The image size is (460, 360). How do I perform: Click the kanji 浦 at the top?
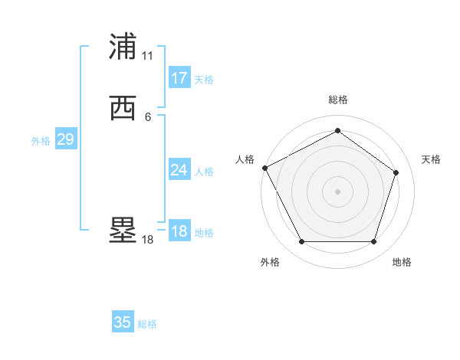(x=123, y=47)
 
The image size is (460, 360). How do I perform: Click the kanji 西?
(x=123, y=108)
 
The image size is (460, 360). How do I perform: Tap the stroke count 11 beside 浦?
(x=148, y=56)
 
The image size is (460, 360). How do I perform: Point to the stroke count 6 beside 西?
(x=148, y=116)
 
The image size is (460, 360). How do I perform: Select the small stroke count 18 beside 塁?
(x=148, y=240)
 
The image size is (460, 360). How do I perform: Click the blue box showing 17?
(x=179, y=78)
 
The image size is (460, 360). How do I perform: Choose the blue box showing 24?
(x=179, y=170)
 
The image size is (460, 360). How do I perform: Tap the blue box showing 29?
(x=65, y=139)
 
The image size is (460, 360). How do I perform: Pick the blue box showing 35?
(x=123, y=322)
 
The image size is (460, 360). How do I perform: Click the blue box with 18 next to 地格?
(x=179, y=231)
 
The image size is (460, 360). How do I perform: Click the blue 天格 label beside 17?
(x=204, y=80)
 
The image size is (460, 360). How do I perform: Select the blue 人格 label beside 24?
(x=204, y=172)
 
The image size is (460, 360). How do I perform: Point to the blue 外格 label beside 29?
(x=41, y=141)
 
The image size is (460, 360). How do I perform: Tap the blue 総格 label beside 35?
(x=147, y=324)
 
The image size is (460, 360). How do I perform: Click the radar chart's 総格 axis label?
(x=338, y=100)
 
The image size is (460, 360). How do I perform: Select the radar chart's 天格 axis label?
(x=432, y=159)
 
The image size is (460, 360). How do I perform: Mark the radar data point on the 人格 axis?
(x=264, y=168)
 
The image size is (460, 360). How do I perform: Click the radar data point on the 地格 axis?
(x=373, y=242)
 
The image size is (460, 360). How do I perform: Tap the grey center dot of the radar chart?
(x=337, y=191)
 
